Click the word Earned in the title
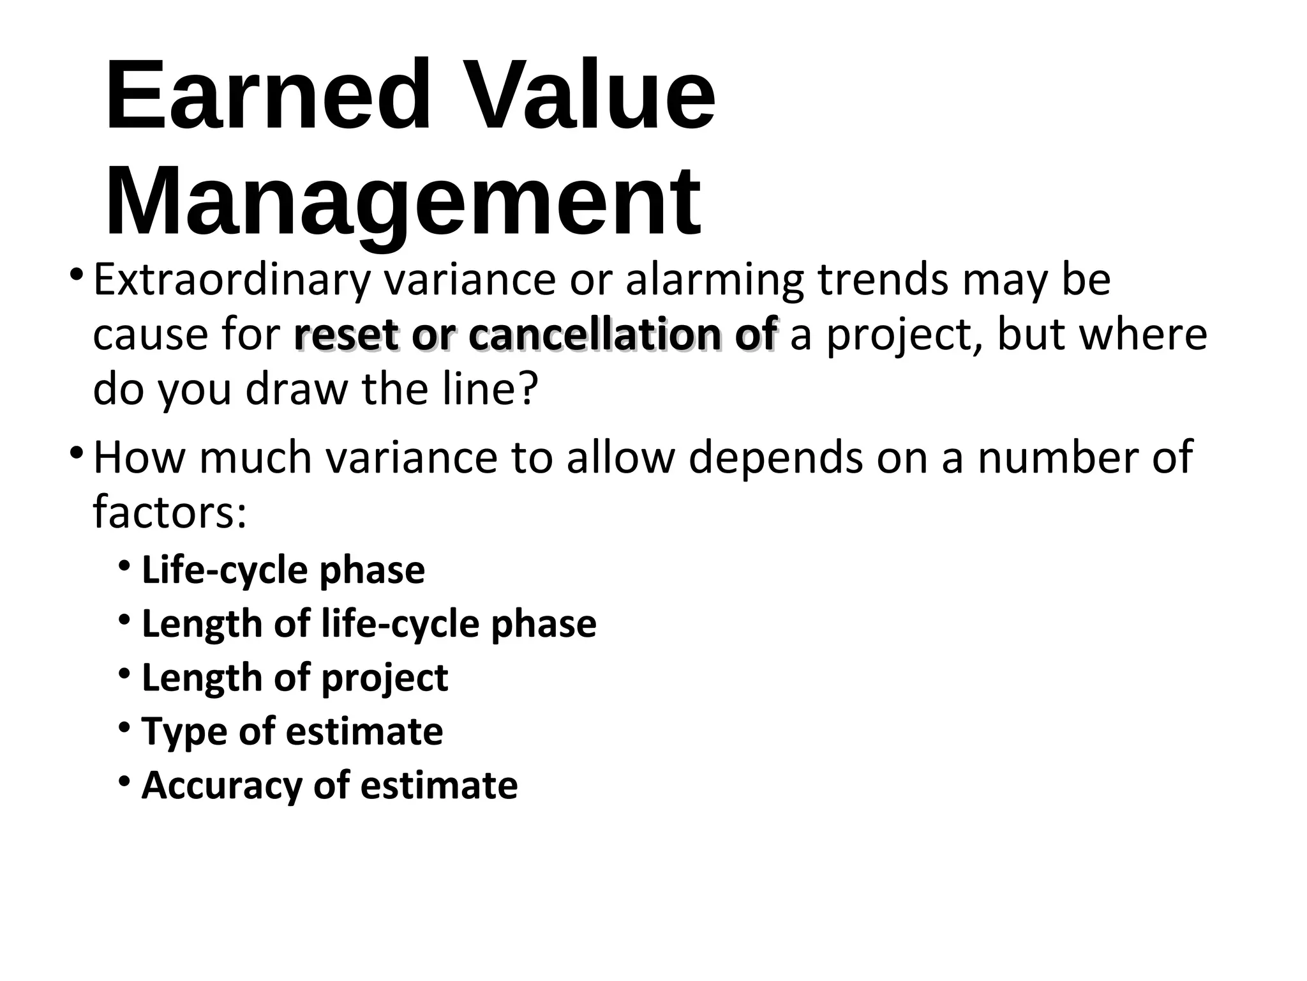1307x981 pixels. tap(267, 96)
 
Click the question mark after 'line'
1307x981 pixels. tap(526, 389)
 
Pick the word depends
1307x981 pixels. tap(776, 457)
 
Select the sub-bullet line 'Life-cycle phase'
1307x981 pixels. tap(283, 570)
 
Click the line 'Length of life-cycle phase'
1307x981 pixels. tap(369, 623)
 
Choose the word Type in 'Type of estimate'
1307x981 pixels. tap(183, 731)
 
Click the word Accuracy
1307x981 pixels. tap(221, 785)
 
